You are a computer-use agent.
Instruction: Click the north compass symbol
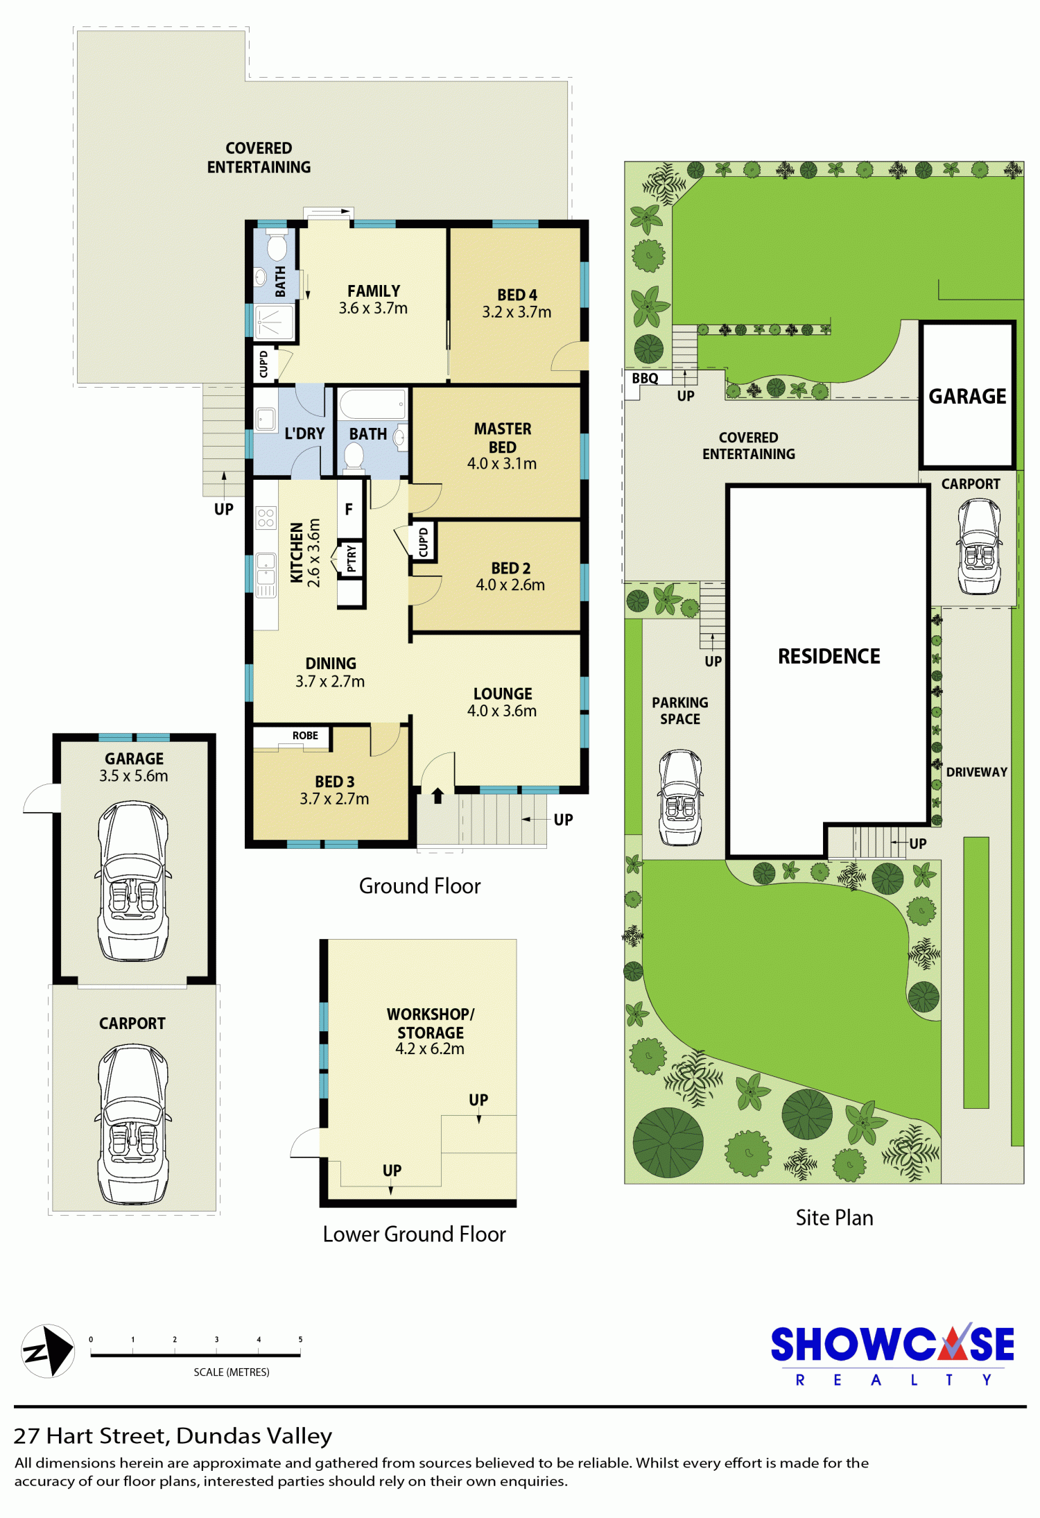48,1351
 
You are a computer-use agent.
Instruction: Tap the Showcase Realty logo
892,1355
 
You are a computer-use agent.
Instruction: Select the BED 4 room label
517,295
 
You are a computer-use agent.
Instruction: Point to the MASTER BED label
503,438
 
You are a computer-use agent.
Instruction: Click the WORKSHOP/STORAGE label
431,1024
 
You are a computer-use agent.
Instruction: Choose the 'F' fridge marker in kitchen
349,510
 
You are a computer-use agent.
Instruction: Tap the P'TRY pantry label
352,558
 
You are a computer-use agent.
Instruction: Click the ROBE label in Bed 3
305,736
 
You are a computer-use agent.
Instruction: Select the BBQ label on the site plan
645,379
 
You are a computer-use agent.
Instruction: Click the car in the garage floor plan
133,881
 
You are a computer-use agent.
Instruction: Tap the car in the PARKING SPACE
680,797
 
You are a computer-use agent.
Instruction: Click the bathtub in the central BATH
372,404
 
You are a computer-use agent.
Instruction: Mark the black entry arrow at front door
437,795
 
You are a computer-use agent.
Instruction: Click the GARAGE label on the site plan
967,396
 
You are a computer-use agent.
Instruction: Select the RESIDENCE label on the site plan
829,656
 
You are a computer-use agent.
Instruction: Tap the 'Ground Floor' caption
419,886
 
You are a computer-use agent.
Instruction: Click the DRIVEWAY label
977,772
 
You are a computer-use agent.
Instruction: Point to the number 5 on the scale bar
300,1339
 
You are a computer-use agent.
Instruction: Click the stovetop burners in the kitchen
266,518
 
